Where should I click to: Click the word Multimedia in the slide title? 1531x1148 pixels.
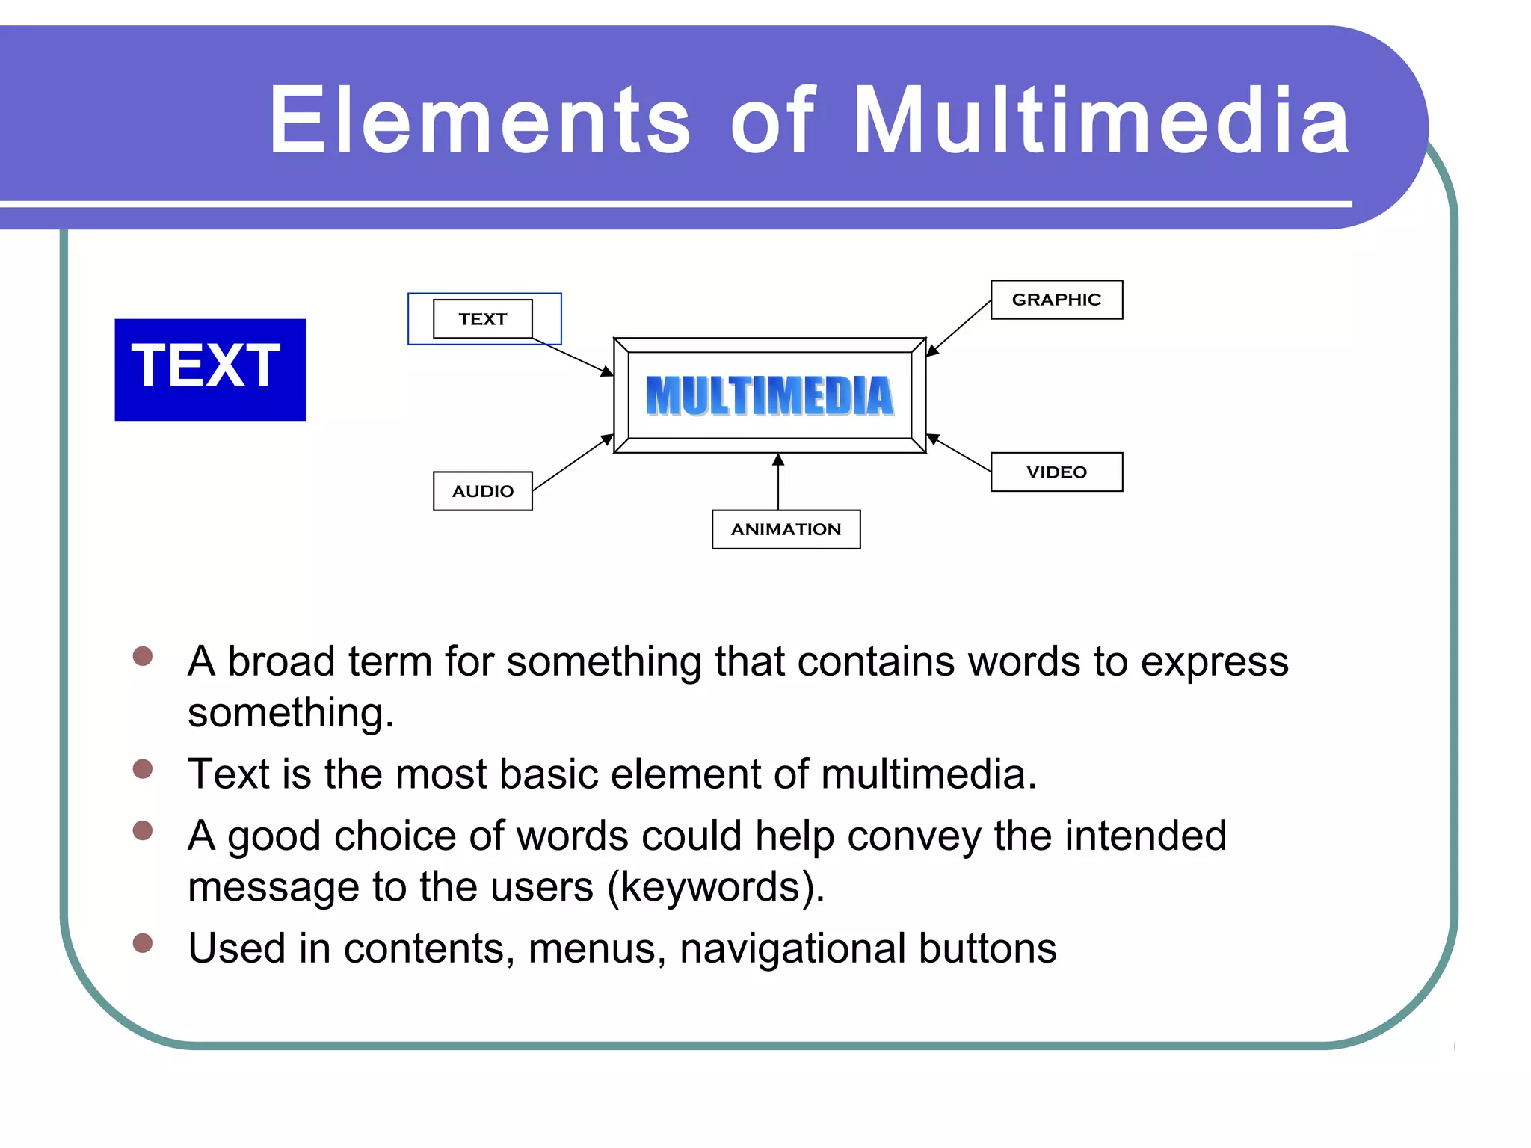click(x=1100, y=121)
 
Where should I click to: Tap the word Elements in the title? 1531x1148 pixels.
click(x=479, y=121)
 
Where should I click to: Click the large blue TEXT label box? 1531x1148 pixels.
click(x=210, y=369)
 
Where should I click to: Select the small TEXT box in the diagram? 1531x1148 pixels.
click(x=482, y=319)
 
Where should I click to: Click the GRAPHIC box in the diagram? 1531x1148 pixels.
click(x=1056, y=300)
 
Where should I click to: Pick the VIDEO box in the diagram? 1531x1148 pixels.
click(x=1056, y=472)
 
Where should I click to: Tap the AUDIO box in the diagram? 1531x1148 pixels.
click(x=482, y=491)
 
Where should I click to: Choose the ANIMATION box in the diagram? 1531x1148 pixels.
click(x=786, y=529)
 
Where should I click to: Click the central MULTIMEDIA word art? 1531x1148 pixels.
click(x=769, y=395)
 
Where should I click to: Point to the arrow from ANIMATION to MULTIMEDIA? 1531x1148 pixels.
click(x=778, y=482)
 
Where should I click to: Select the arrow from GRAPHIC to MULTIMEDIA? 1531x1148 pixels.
click(x=959, y=327)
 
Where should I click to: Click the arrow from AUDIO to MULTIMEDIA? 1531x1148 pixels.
click(x=573, y=463)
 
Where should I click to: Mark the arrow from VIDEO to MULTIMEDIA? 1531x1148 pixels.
click(x=959, y=453)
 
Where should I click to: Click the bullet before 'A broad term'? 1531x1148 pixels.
click(x=142, y=656)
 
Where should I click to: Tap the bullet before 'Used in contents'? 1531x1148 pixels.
click(x=142, y=943)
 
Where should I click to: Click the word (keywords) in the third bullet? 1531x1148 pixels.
click(x=715, y=887)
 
